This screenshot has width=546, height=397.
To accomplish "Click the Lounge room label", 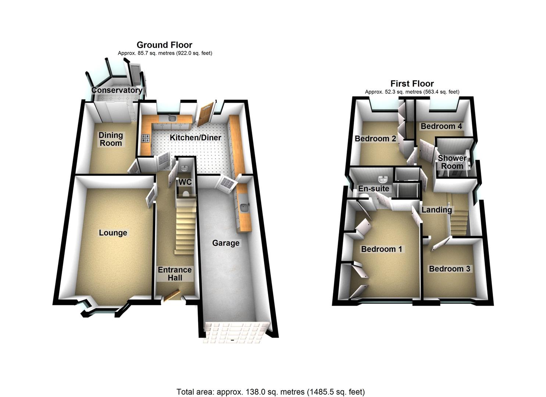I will pyautogui.click(x=113, y=233).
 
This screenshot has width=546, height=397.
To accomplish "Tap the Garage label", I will pyautogui.click(x=226, y=243).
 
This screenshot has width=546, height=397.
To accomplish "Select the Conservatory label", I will pyautogui.click(x=117, y=90).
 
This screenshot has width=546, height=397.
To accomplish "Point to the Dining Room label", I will pyautogui.click(x=111, y=139).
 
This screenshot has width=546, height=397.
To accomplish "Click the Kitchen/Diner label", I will pyautogui.click(x=195, y=138).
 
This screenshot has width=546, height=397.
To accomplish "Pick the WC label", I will pyautogui.click(x=185, y=182).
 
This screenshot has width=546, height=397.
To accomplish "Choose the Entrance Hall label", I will pyautogui.click(x=175, y=274).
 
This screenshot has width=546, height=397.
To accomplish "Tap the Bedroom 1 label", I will pyautogui.click(x=382, y=249).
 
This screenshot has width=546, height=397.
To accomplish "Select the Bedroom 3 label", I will pyautogui.click(x=449, y=269).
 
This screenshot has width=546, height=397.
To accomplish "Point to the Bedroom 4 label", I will pyautogui.click(x=441, y=126).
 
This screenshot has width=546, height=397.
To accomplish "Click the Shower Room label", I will pyautogui.click(x=452, y=162).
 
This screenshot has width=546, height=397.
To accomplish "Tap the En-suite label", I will pyautogui.click(x=374, y=189).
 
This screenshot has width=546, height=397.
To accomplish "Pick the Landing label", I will pyautogui.click(x=436, y=210).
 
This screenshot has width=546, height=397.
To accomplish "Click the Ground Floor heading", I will pyautogui.click(x=164, y=45).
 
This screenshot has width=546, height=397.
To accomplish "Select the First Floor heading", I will pyautogui.click(x=412, y=83).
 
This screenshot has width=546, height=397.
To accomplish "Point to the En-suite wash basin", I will pyautogui.click(x=384, y=179).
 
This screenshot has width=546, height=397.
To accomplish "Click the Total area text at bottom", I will pyautogui.click(x=271, y=392).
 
